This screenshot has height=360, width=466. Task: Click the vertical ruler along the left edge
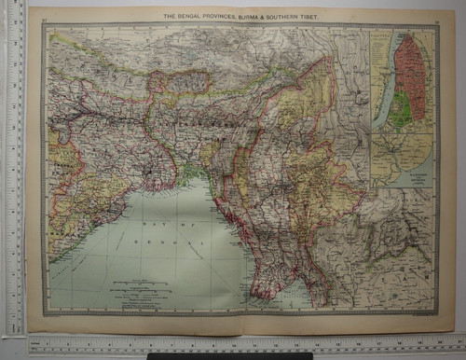[x=13, y=168]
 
